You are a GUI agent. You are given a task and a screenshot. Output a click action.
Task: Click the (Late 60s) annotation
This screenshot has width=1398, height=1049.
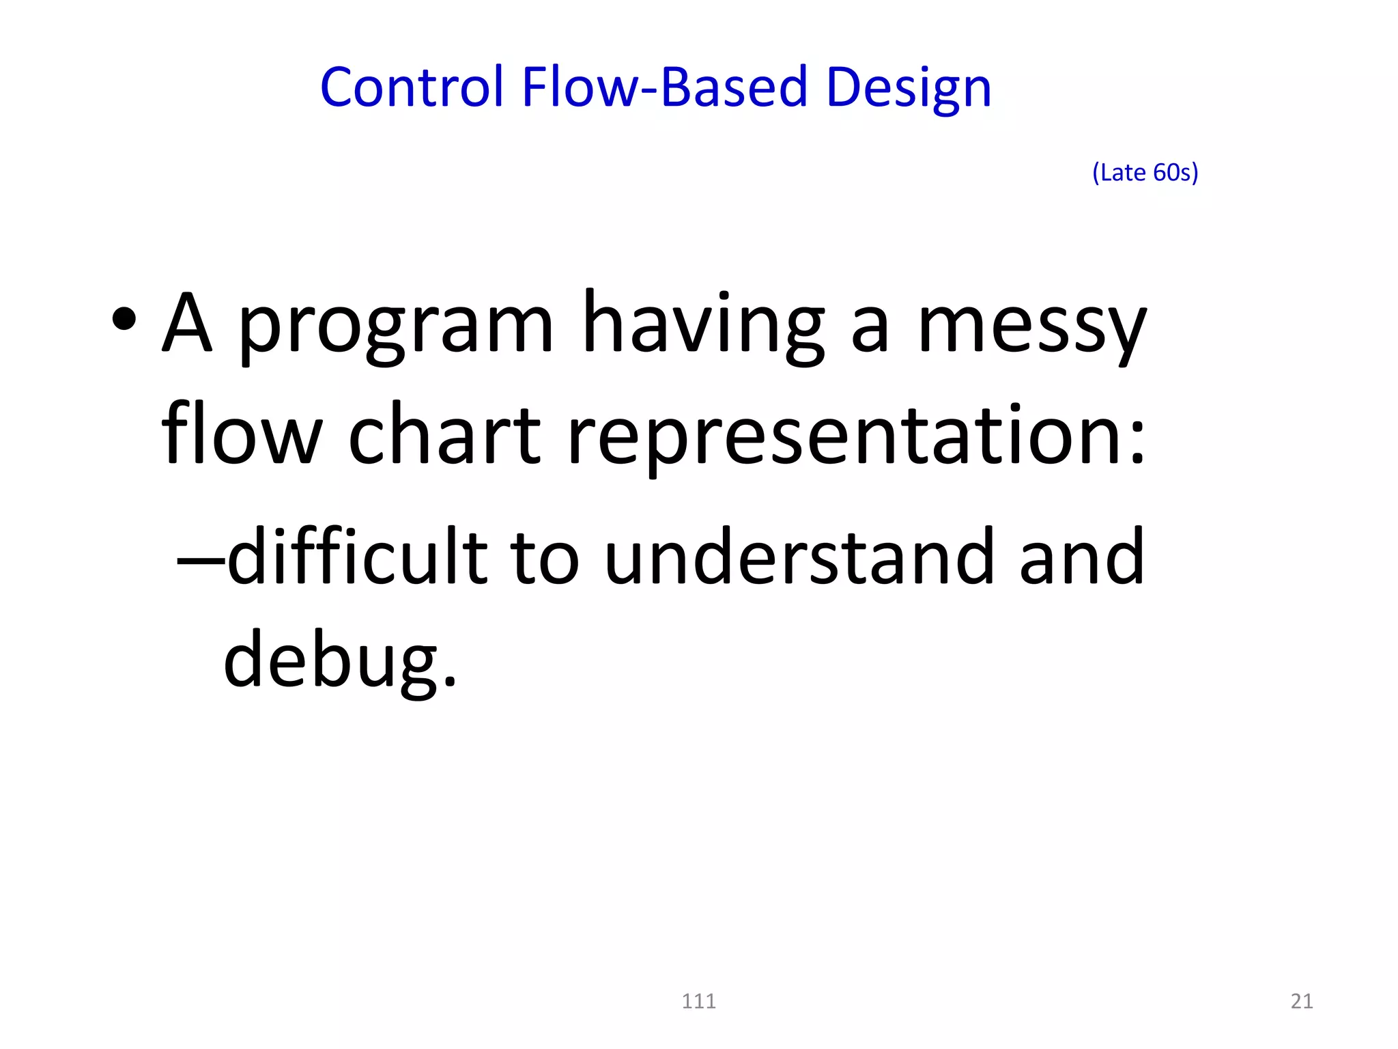[1145, 172]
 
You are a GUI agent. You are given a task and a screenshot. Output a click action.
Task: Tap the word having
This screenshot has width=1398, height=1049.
[703, 324]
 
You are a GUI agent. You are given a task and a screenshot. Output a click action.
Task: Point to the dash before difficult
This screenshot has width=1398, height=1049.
[200, 560]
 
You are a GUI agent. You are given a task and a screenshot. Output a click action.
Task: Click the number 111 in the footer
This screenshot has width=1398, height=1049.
[698, 1001]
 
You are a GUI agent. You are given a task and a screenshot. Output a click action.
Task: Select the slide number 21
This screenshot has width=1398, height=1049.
[1302, 1001]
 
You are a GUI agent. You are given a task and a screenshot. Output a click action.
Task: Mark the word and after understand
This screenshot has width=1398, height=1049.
[1081, 556]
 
